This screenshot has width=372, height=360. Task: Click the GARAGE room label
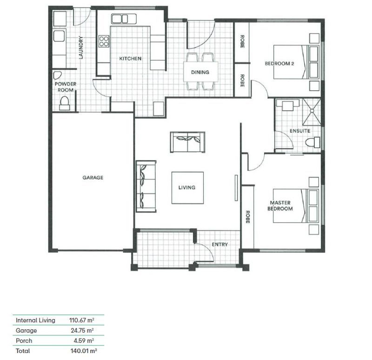point(93,178)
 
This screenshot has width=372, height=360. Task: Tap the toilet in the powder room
point(64,103)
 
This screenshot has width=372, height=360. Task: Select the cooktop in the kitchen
point(104,41)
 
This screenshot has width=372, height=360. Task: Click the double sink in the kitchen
point(124,19)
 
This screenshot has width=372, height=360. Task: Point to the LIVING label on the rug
point(187,187)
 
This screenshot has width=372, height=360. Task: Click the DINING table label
point(200,72)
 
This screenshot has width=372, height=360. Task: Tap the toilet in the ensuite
point(312,143)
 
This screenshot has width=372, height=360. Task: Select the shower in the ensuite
point(312,112)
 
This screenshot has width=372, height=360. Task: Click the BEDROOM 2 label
point(279,64)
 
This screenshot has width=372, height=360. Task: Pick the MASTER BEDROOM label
point(280,206)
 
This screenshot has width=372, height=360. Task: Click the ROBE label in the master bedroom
point(248,217)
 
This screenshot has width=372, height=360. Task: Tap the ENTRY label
point(219,245)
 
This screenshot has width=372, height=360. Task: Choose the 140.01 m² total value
point(84,351)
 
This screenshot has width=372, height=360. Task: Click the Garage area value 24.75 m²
point(82,330)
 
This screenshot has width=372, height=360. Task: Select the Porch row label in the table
point(24,341)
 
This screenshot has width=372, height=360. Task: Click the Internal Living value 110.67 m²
point(82,320)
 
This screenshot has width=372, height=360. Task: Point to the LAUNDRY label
point(81,47)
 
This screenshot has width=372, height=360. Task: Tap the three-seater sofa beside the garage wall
point(146,187)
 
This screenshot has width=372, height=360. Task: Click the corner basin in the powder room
point(57,75)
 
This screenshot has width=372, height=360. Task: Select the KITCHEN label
point(130,59)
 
